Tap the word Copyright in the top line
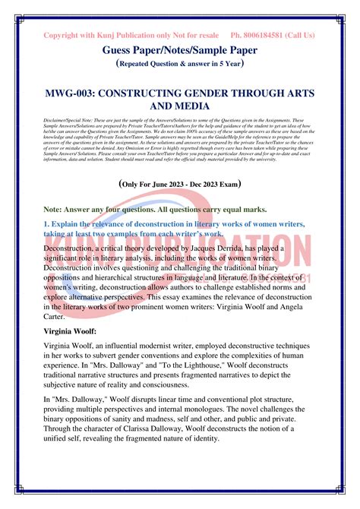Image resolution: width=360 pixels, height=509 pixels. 64,35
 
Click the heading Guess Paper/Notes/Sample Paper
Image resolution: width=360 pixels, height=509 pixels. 179,49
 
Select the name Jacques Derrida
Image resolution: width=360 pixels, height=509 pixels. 242,248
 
